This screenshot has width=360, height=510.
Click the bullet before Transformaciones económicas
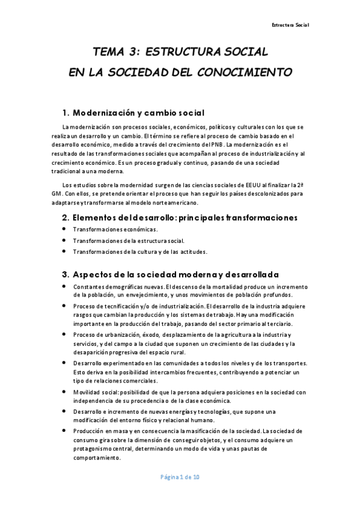click(64, 230)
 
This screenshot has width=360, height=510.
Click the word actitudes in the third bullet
click(192, 251)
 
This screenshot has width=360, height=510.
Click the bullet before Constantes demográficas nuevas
click(64, 286)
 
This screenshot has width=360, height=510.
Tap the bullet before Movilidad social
click(64, 392)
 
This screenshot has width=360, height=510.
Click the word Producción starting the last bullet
click(88, 431)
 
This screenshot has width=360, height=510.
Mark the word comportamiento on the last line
click(97, 457)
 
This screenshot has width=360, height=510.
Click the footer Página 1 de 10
click(180, 477)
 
